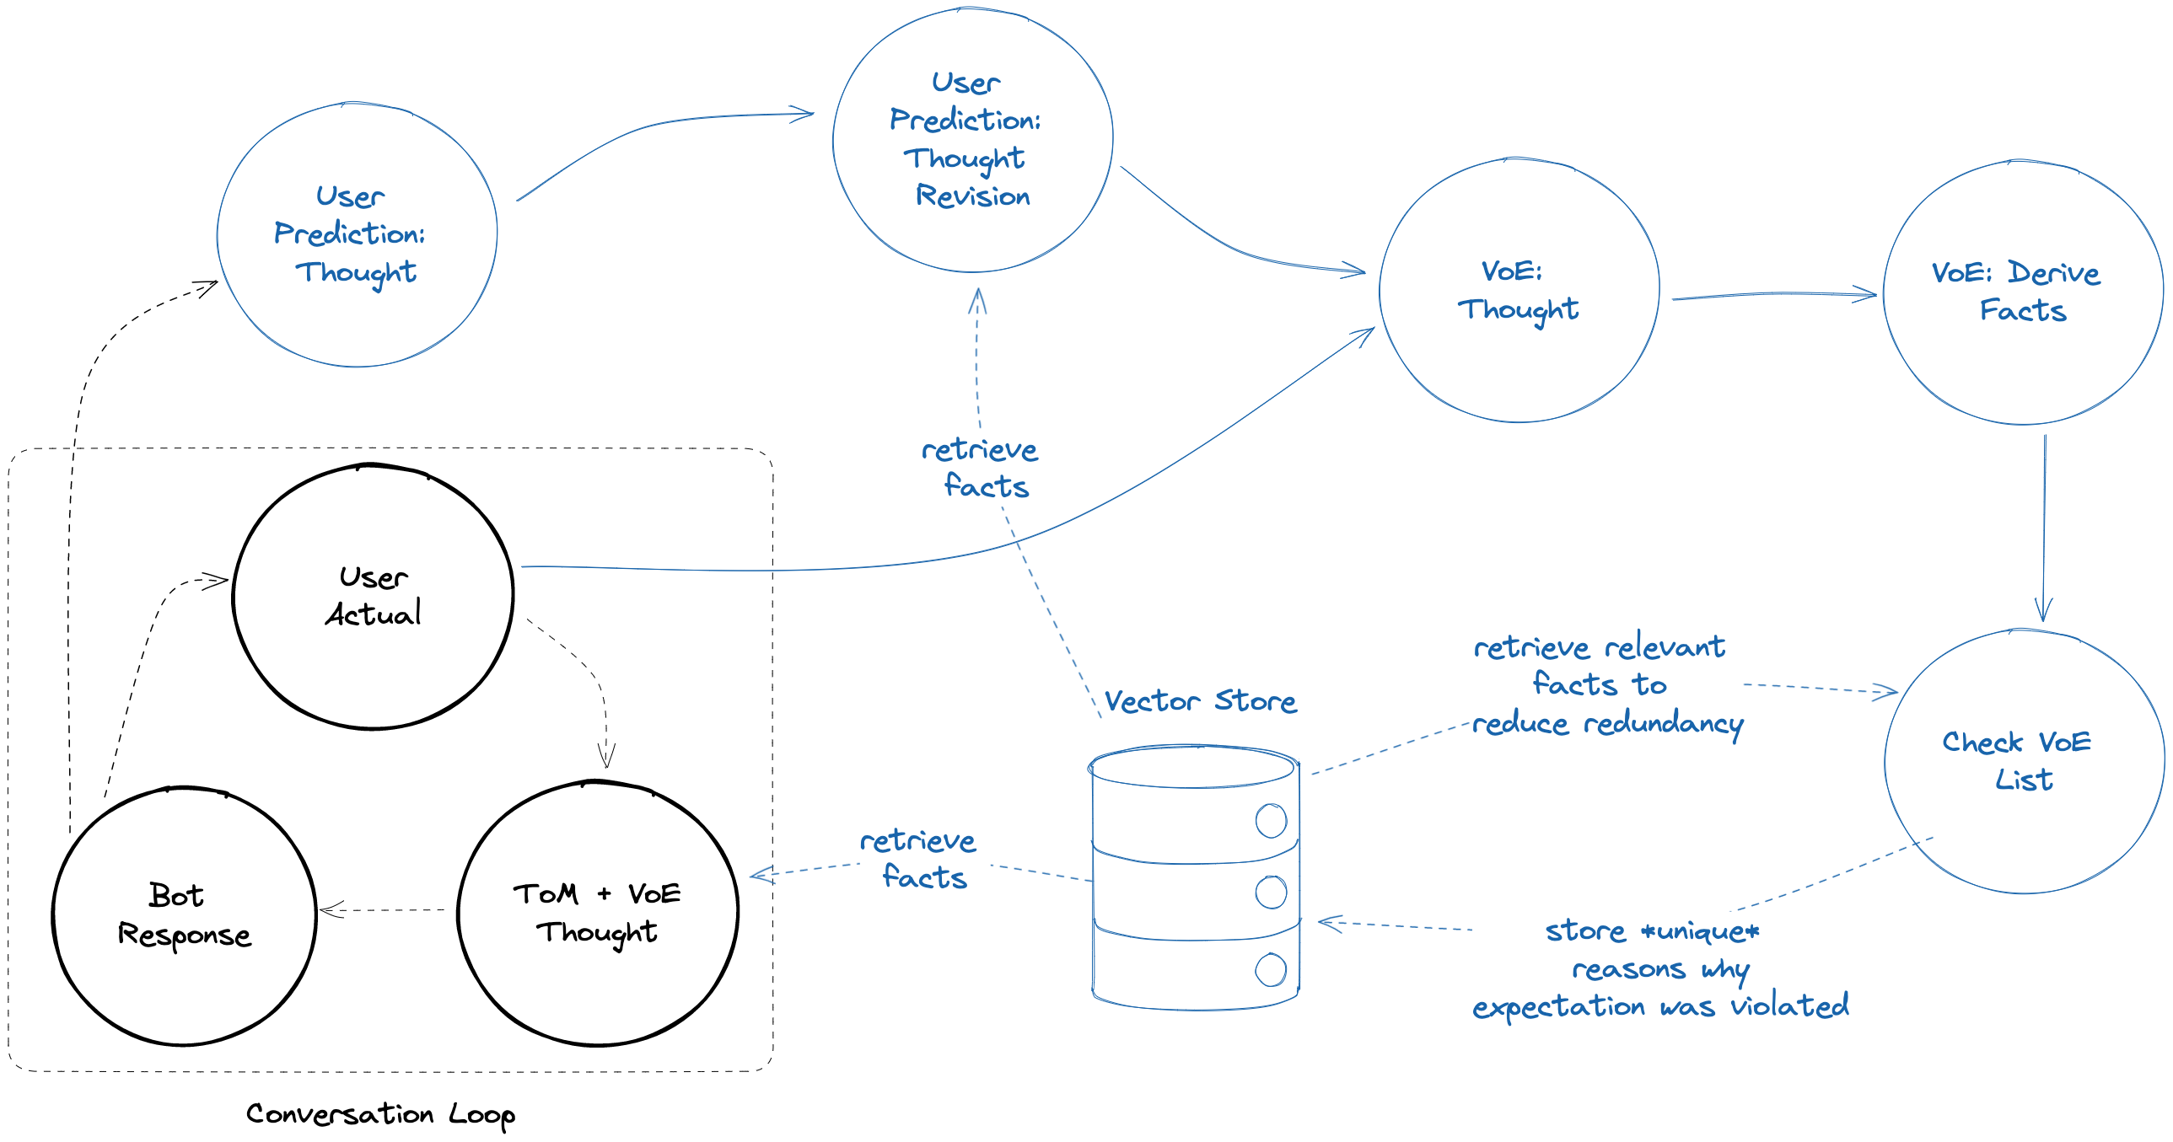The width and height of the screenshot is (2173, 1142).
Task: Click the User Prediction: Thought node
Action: (x=357, y=234)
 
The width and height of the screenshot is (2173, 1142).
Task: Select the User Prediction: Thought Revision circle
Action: (x=972, y=139)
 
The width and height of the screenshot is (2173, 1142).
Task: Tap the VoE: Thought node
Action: (x=1519, y=290)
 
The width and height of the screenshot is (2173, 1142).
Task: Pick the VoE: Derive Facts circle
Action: (x=2023, y=292)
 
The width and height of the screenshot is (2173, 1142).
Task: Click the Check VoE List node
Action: (x=2024, y=761)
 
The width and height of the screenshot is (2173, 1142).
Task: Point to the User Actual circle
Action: (x=373, y=597)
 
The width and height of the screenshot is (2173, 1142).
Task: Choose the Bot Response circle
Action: (x=185, y=916)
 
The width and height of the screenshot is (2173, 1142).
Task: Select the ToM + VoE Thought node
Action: (x=597, y=914)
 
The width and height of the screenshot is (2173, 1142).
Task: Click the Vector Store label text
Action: (x=1200, y=701)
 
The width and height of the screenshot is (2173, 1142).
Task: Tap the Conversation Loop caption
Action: (x=380, y=1114)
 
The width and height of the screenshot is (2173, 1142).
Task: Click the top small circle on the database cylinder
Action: (x=1271, y=821)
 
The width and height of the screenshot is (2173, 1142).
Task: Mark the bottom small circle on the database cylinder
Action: (x=1271, y=970)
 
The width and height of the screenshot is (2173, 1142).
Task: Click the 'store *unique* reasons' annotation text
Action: (x=1659, y=969)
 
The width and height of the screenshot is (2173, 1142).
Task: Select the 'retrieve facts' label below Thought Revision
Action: (x=980, y=468)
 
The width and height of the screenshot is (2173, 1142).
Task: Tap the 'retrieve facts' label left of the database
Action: (x=918, y=860)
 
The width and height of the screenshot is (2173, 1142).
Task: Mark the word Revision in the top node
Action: (x=972, y=196)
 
